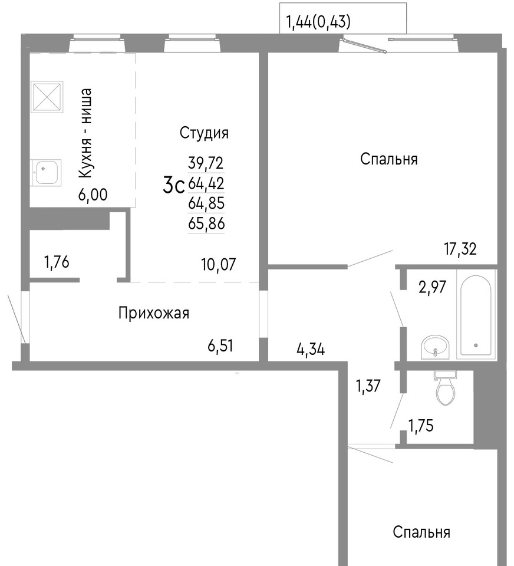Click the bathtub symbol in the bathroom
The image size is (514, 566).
pyautogui.click(x=476, y=314)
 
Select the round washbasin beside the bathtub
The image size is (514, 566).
pyautogui.click(x=435, y=347)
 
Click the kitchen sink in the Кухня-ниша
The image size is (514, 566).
pyautogui.click(x=45, y=173)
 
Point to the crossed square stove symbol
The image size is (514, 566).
pyautogui.click(x=47, y=96)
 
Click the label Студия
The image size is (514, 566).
pyautogui.click(x=204, y=133)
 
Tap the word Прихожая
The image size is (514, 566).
pyautogui.click(x=154, y=313)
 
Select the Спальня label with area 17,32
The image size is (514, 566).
pyautogui.click(x=389, y=159)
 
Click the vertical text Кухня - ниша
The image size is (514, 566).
pyautogui.click(x=85, y=133)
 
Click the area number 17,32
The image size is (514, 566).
pyautogui.click(x=460, y=249)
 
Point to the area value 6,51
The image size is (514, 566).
pyautogui.click(x=220, y=346)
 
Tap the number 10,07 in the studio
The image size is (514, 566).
pyautogui.click(x=219, y=265)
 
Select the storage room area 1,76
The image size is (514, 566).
pyautogui.click(x=57, y=262)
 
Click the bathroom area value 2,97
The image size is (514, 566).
pyautogui.click(x=433, y=287)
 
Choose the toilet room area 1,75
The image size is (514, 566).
pyautogui.click(x=420, y=426)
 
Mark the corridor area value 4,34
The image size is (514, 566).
pyautogui.click(x=311, y=349)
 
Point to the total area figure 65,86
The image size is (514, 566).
pyautogui.click(x=206, y=224)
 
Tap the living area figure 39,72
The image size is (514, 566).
pyautogui.click(x=206, y=163)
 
